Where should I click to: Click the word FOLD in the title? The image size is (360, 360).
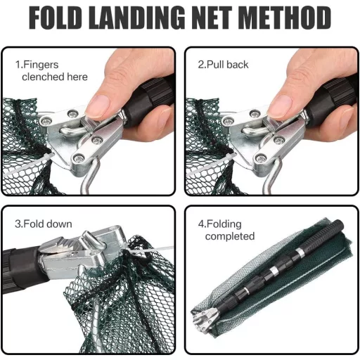click(56, 18)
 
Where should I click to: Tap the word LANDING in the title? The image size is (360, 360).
click(137, 18)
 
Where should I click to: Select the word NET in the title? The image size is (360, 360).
click(212, 18)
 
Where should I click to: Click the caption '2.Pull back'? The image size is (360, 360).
click(223, 65)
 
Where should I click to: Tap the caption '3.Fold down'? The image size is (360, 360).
click(44, 224)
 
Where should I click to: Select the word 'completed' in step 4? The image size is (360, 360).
click(230, 236)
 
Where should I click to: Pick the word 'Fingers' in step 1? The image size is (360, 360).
click(41, 65)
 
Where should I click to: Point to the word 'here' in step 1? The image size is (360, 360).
click(77, 77)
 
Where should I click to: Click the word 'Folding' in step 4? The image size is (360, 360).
click(224, 224)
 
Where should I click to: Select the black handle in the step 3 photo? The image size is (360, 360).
click(23, 269)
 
